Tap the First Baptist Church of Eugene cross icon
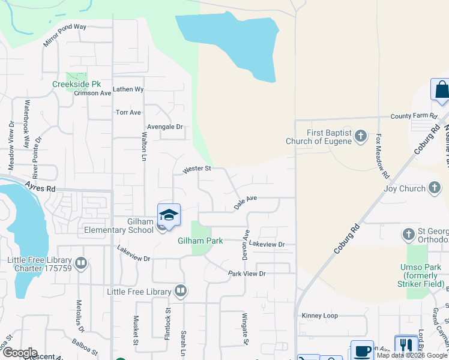[x=360, y=136]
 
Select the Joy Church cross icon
[x=434, y=188]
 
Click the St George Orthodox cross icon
[x=409, y=234]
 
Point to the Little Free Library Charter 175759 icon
[x=81, y=263]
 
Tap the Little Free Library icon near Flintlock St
[x=181, y=292]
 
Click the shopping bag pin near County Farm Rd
[x=441, y=90]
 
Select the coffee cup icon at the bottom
[x=362, y=351]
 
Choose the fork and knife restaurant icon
[x=406, y=346]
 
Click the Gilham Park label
[x=200, y=241]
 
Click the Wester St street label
[x=197, y=169]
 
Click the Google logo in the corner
[x=19, y=353]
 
